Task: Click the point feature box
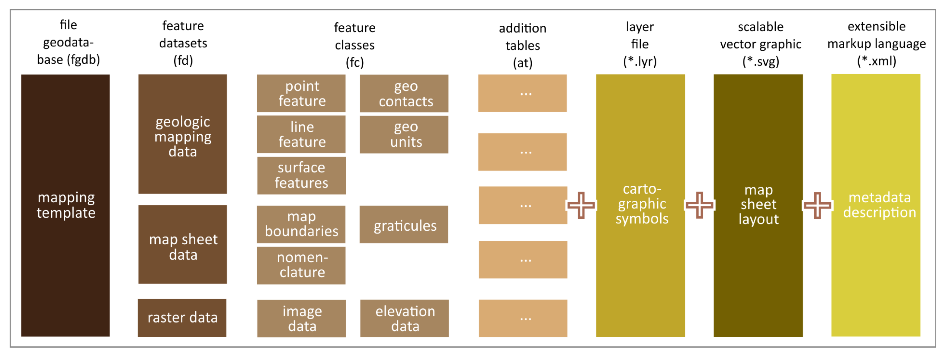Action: (x=301, y=93)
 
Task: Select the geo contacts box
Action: (x=404, y=93)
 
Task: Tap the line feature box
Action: (x=301, y=134)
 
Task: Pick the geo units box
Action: (x=404, y=134)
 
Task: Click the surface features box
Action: (x=301, y=175)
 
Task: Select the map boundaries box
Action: (x=301, y=224)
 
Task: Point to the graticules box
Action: (x=404, y=225)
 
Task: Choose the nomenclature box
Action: (x=301, y=265)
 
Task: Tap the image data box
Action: (x=301, y=319)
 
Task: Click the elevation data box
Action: (x=404, y=319)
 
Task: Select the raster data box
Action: (x=182, y=318)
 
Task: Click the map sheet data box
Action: (x=182, y=245)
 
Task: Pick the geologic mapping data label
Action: (x=182, y=137)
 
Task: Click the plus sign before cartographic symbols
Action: (x=581, y=205)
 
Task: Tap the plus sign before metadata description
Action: (x=817, y=205)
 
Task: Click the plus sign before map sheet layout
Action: (x=699, y=205)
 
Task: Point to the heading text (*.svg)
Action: (x=761, y=61)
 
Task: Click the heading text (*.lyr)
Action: (x=640, y=61)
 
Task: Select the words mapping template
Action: (x=66, y=205)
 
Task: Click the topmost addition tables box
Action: (x=522, y=93)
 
